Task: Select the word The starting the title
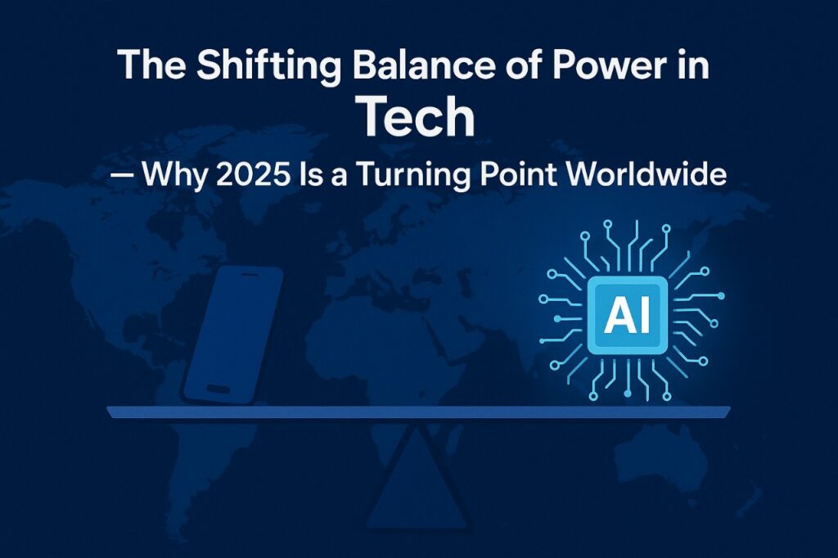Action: coord(151,65)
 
